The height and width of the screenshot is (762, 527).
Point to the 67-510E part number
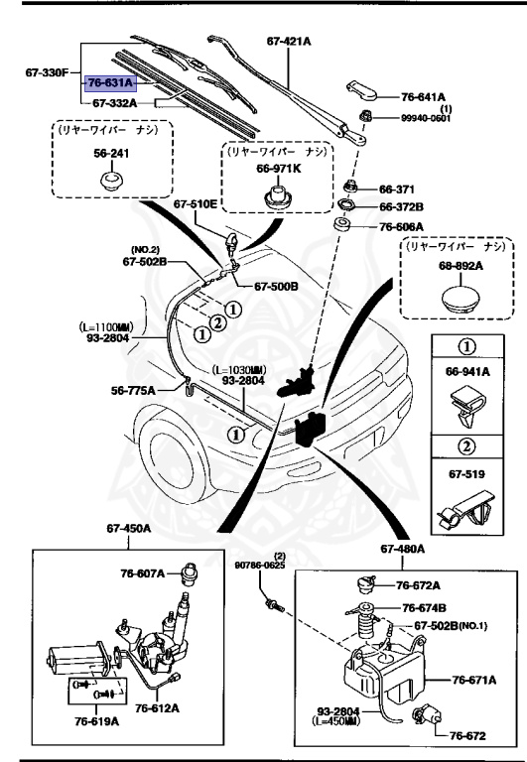pos(195,205)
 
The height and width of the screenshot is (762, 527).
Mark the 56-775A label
pos(133,391)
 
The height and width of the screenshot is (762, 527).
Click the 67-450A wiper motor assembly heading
pos(125,529)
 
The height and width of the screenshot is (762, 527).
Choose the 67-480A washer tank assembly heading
pos(401,549)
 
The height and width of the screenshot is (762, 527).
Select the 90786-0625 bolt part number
pos(260,566)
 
